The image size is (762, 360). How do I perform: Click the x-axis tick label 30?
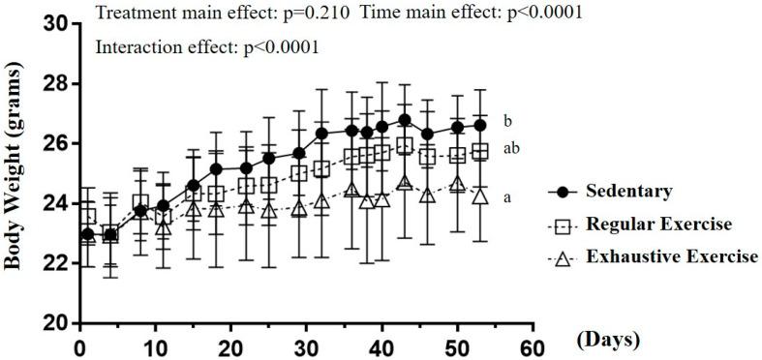[x=299, y=345]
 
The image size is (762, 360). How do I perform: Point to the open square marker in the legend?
[x=563, y=225]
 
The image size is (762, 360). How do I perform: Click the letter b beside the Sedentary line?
[x=507, y=122]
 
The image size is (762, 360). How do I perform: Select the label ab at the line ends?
[x=509, y=147]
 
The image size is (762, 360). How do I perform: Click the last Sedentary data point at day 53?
[x=479, y=125]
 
